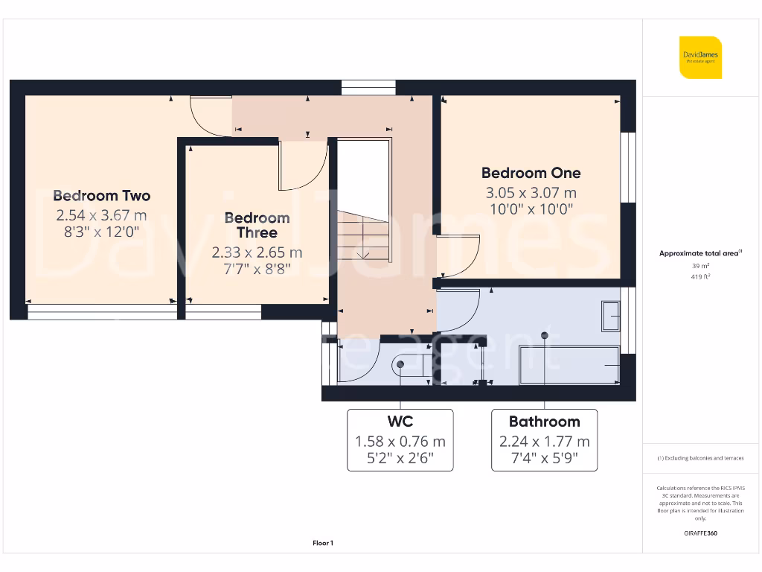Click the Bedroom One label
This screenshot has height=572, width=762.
tap(531, 173)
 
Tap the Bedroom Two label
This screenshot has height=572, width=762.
tap(101, 196)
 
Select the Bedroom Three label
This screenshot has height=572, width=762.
tap(257, 225)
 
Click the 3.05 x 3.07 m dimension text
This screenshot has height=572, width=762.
tap(531, 192)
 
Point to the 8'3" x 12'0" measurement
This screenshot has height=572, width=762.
tap(101, 232)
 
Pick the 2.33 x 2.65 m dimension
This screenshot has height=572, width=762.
tap(257, 252)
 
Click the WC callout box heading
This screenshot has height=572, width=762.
tap(400, 422)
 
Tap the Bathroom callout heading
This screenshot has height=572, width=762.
tap(544, 422)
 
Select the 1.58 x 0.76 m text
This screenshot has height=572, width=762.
tap(400, 442)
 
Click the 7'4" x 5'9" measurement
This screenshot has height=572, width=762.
tap(544, 460)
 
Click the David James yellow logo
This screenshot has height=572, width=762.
tap(700, 57)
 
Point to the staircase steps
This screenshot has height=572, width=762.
tap(363, 237)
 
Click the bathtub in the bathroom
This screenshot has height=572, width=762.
tap(569, 365)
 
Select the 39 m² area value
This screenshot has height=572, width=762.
tap(699, 266)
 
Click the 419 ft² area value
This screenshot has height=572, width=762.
tap(699, 276)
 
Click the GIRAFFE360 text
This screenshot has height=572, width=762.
tap(699, 533)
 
